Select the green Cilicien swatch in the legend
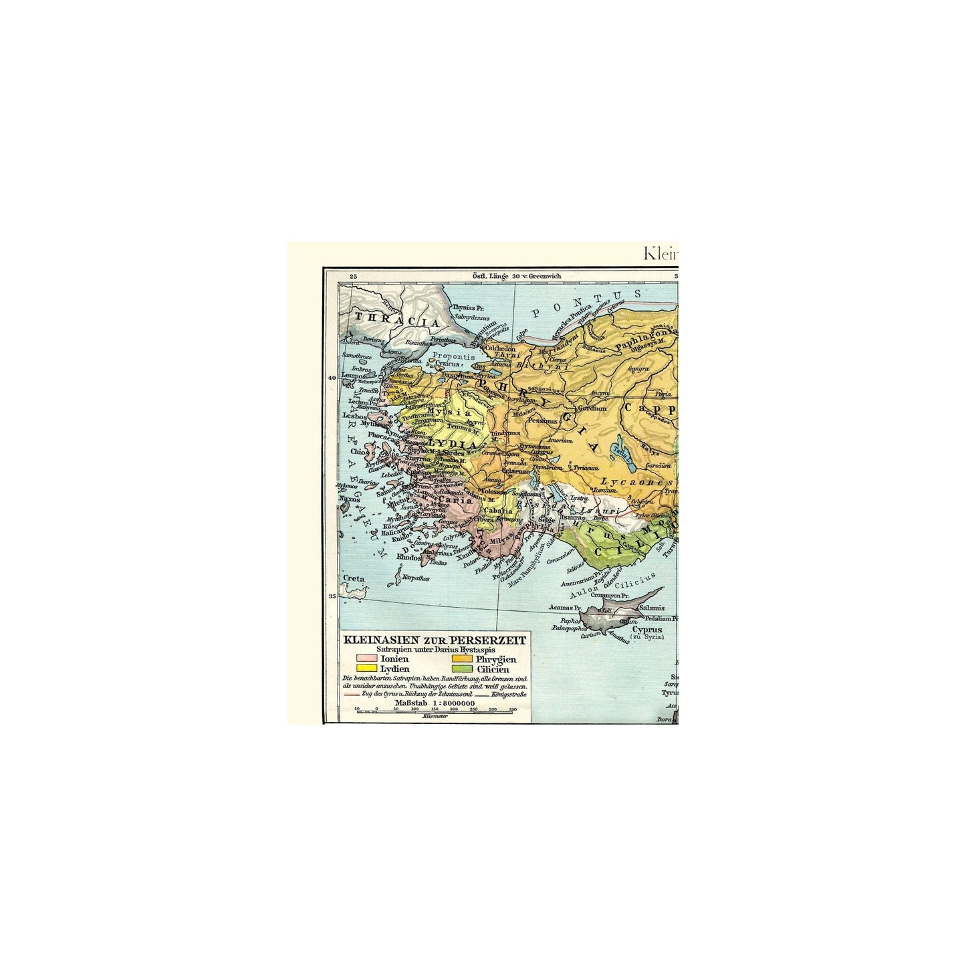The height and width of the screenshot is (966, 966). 464,669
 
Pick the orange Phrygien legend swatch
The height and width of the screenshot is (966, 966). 464,658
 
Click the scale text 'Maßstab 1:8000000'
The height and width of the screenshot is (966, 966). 435,703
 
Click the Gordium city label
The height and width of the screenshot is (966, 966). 592,408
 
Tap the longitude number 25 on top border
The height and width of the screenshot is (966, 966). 354,275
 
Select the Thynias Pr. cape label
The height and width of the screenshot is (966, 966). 469,308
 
